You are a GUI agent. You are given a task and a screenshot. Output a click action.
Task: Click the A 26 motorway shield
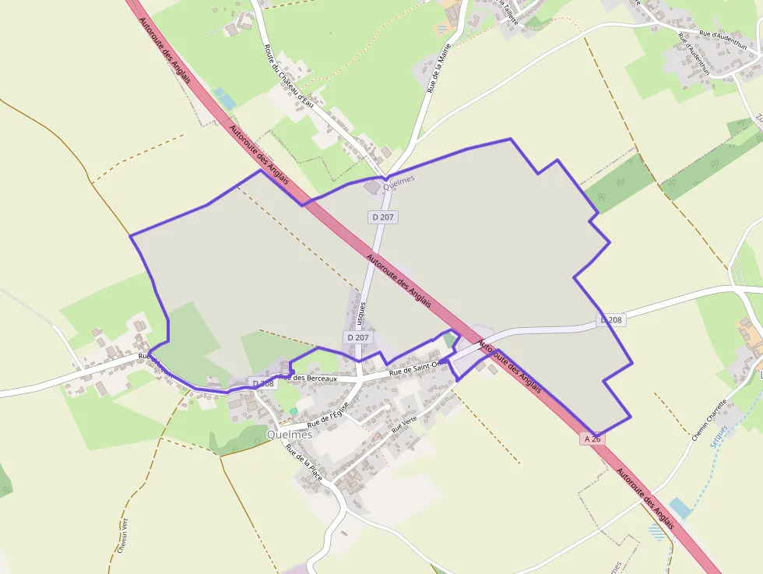[592, 439]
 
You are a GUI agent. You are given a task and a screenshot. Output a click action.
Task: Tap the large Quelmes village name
[289, 435]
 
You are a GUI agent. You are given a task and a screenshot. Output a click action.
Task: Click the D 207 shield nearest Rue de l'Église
[357, 337]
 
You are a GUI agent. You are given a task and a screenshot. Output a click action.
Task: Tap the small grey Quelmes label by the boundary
[399, 178]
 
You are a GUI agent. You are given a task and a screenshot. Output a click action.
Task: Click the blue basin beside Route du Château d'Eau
[225, 99]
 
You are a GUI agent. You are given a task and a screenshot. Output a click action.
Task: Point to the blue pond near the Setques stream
[680, 509]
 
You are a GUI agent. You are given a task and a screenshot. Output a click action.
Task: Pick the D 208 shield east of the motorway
[611, 320]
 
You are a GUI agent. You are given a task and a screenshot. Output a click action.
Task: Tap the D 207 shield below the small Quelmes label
[382, 217]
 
